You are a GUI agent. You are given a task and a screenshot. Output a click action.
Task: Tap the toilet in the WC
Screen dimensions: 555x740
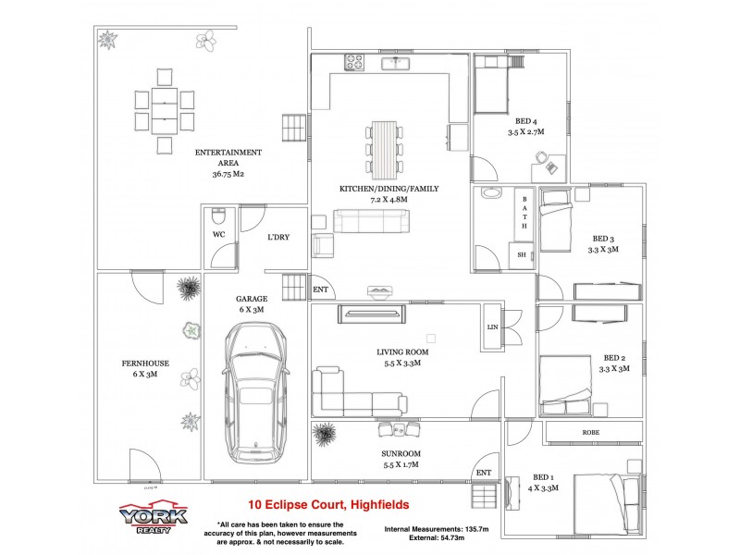(218, 218)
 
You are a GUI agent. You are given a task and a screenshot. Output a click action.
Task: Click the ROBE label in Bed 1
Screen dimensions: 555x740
(590, 432)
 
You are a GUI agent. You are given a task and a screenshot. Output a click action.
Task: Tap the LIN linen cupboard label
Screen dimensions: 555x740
(491, 327)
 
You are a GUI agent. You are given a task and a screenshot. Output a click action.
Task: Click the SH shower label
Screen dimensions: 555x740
(521, 255)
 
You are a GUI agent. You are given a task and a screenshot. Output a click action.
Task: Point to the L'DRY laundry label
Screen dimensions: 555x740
(277, 238)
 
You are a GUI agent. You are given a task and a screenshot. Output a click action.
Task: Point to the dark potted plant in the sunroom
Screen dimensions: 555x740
(325, 432)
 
